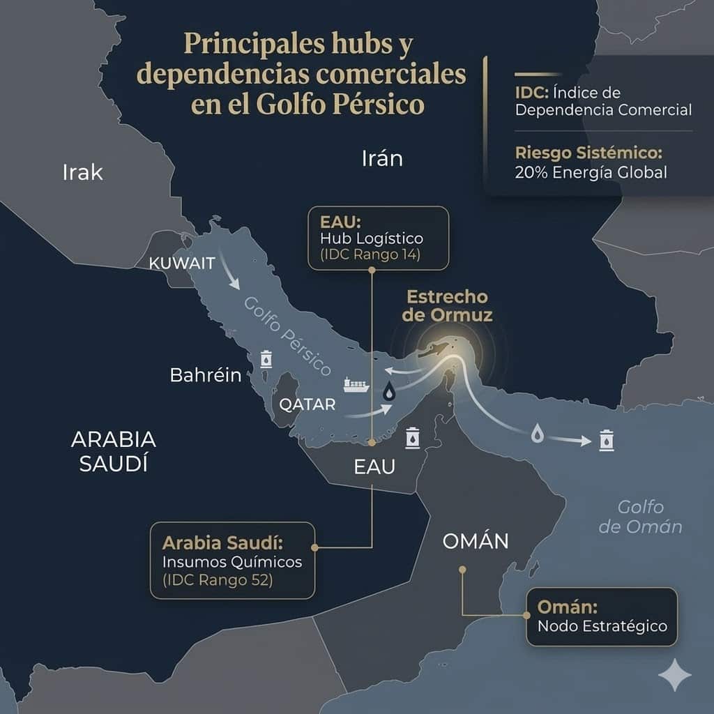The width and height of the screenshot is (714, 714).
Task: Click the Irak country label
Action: (82, 172)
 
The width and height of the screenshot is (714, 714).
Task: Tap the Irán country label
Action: (382, 158)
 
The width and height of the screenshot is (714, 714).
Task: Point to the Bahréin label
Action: (206, 375)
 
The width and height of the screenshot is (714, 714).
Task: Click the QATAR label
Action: (307, 404)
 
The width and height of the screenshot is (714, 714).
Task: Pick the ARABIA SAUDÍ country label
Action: (114, 452)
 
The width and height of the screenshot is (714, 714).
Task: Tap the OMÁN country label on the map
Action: (475, 541)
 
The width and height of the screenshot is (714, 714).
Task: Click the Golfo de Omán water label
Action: (640, 517)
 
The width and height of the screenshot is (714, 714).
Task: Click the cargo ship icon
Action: (356, 384)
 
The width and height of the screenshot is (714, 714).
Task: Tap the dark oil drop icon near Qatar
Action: (388, 393)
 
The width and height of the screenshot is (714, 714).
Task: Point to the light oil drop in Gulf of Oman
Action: (537, 434)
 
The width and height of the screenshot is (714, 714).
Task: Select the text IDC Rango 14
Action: (370, 255)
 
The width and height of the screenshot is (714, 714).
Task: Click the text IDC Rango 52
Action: (217, 579)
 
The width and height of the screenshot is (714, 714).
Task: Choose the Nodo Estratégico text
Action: (602, 625)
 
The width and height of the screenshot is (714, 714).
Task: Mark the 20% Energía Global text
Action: (591, 172)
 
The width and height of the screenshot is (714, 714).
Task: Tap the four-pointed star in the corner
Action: (675, 674)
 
